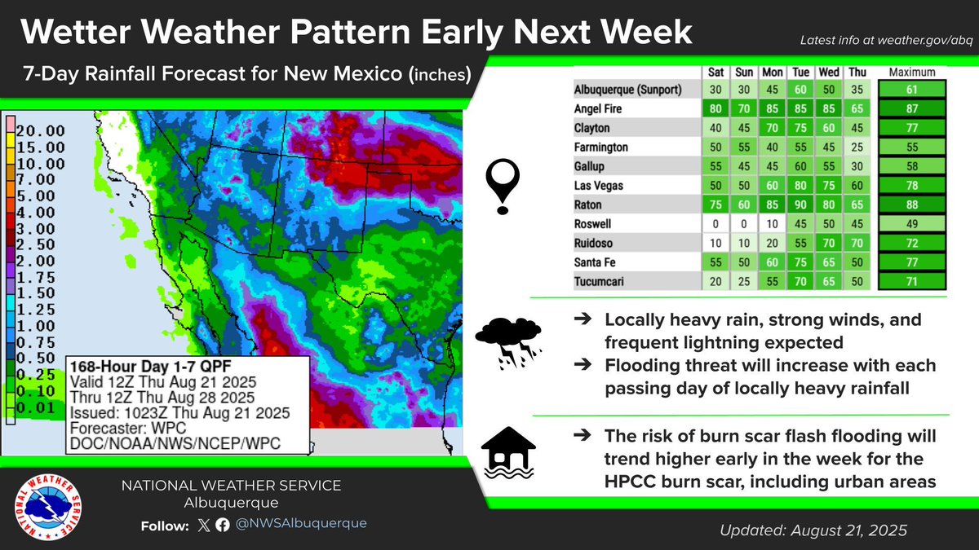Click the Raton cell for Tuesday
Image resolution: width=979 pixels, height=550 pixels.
tap(800, 205)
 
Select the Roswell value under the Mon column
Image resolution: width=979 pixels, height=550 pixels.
tap(772, 224)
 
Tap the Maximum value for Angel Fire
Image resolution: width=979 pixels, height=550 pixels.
tap(912, 108)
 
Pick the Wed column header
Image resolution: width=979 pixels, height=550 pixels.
tap(829, 72)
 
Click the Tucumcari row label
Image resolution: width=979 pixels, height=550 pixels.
tap(599, 282)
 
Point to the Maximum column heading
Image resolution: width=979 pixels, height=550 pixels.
tap(912, 72)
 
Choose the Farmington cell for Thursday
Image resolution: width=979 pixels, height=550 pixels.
tap(857, 147)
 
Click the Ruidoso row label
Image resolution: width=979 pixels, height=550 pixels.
tap(593, 243)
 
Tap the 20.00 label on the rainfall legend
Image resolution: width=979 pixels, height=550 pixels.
tap(41, 130)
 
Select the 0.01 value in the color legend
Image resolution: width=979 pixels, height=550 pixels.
tap(36, 408)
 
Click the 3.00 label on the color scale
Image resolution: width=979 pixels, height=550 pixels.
tap(36, 229)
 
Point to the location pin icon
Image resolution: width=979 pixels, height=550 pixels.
tap(503, 187)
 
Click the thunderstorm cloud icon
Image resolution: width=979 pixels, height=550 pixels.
tap(508, 343)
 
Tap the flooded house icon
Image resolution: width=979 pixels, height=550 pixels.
tap(508, 452)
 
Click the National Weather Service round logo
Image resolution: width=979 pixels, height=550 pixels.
tap(47, 507)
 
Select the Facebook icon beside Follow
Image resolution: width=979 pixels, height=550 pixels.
tap(223, 525)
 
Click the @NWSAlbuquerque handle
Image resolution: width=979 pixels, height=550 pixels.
tap(301, 523)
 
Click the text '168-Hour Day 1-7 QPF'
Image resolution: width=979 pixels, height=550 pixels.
tap(151, 366)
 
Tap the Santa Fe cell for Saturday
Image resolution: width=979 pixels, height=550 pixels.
tap(715, 262)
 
